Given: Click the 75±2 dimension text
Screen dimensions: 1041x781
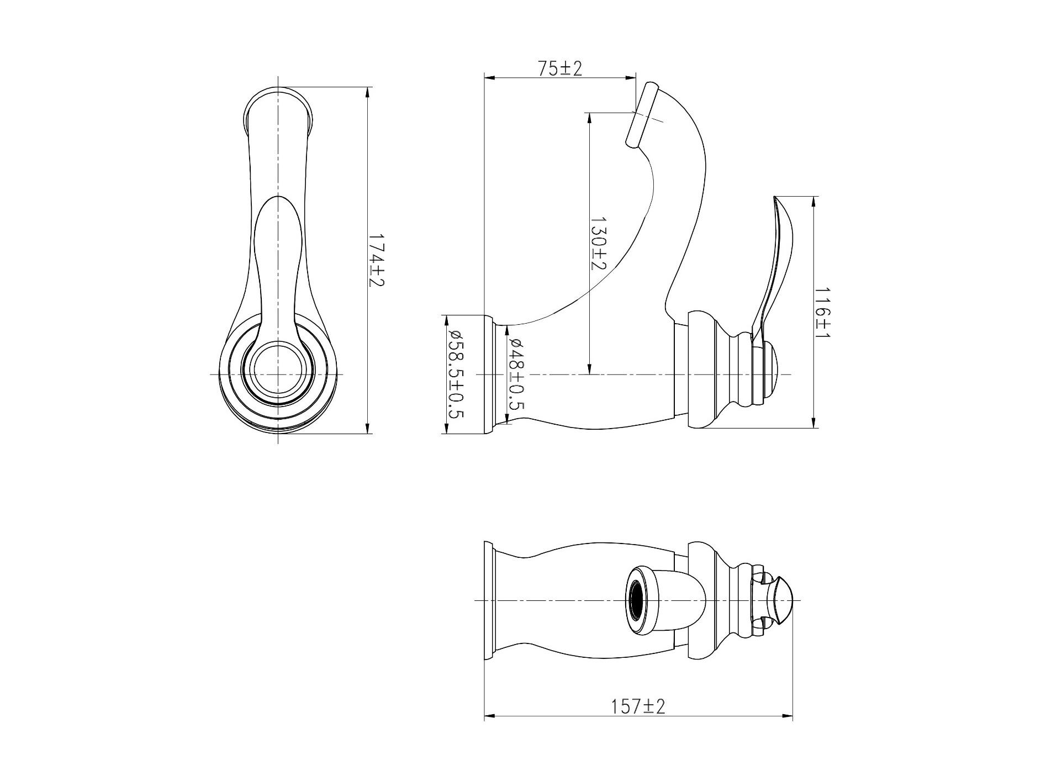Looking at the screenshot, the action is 560,68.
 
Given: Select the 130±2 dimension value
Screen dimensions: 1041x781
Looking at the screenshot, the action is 599,242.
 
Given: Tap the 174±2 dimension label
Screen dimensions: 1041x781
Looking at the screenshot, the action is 377,260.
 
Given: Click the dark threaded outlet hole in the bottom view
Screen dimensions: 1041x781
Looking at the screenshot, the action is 636,600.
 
